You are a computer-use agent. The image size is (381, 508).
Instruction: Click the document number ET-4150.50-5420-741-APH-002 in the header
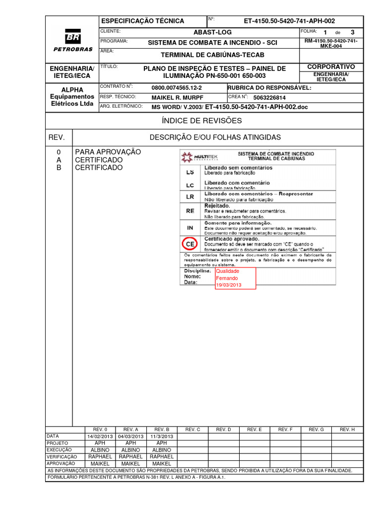tap(289, 21)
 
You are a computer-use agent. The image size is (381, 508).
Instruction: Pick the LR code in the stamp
tap(190, 196)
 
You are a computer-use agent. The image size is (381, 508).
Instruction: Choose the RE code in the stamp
tap(190, 210)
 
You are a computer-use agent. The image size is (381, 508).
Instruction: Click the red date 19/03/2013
tap(228, 285)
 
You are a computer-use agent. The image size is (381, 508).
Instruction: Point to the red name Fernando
tap(227, 278)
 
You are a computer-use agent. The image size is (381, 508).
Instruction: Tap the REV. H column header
tap(347, 429)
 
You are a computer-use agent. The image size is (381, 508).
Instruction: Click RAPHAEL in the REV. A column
tap(131, 456)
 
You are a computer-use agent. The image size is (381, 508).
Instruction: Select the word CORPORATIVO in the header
tap(331, 66)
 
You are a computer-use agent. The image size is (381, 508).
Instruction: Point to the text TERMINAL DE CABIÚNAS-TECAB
tap(212, 55)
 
